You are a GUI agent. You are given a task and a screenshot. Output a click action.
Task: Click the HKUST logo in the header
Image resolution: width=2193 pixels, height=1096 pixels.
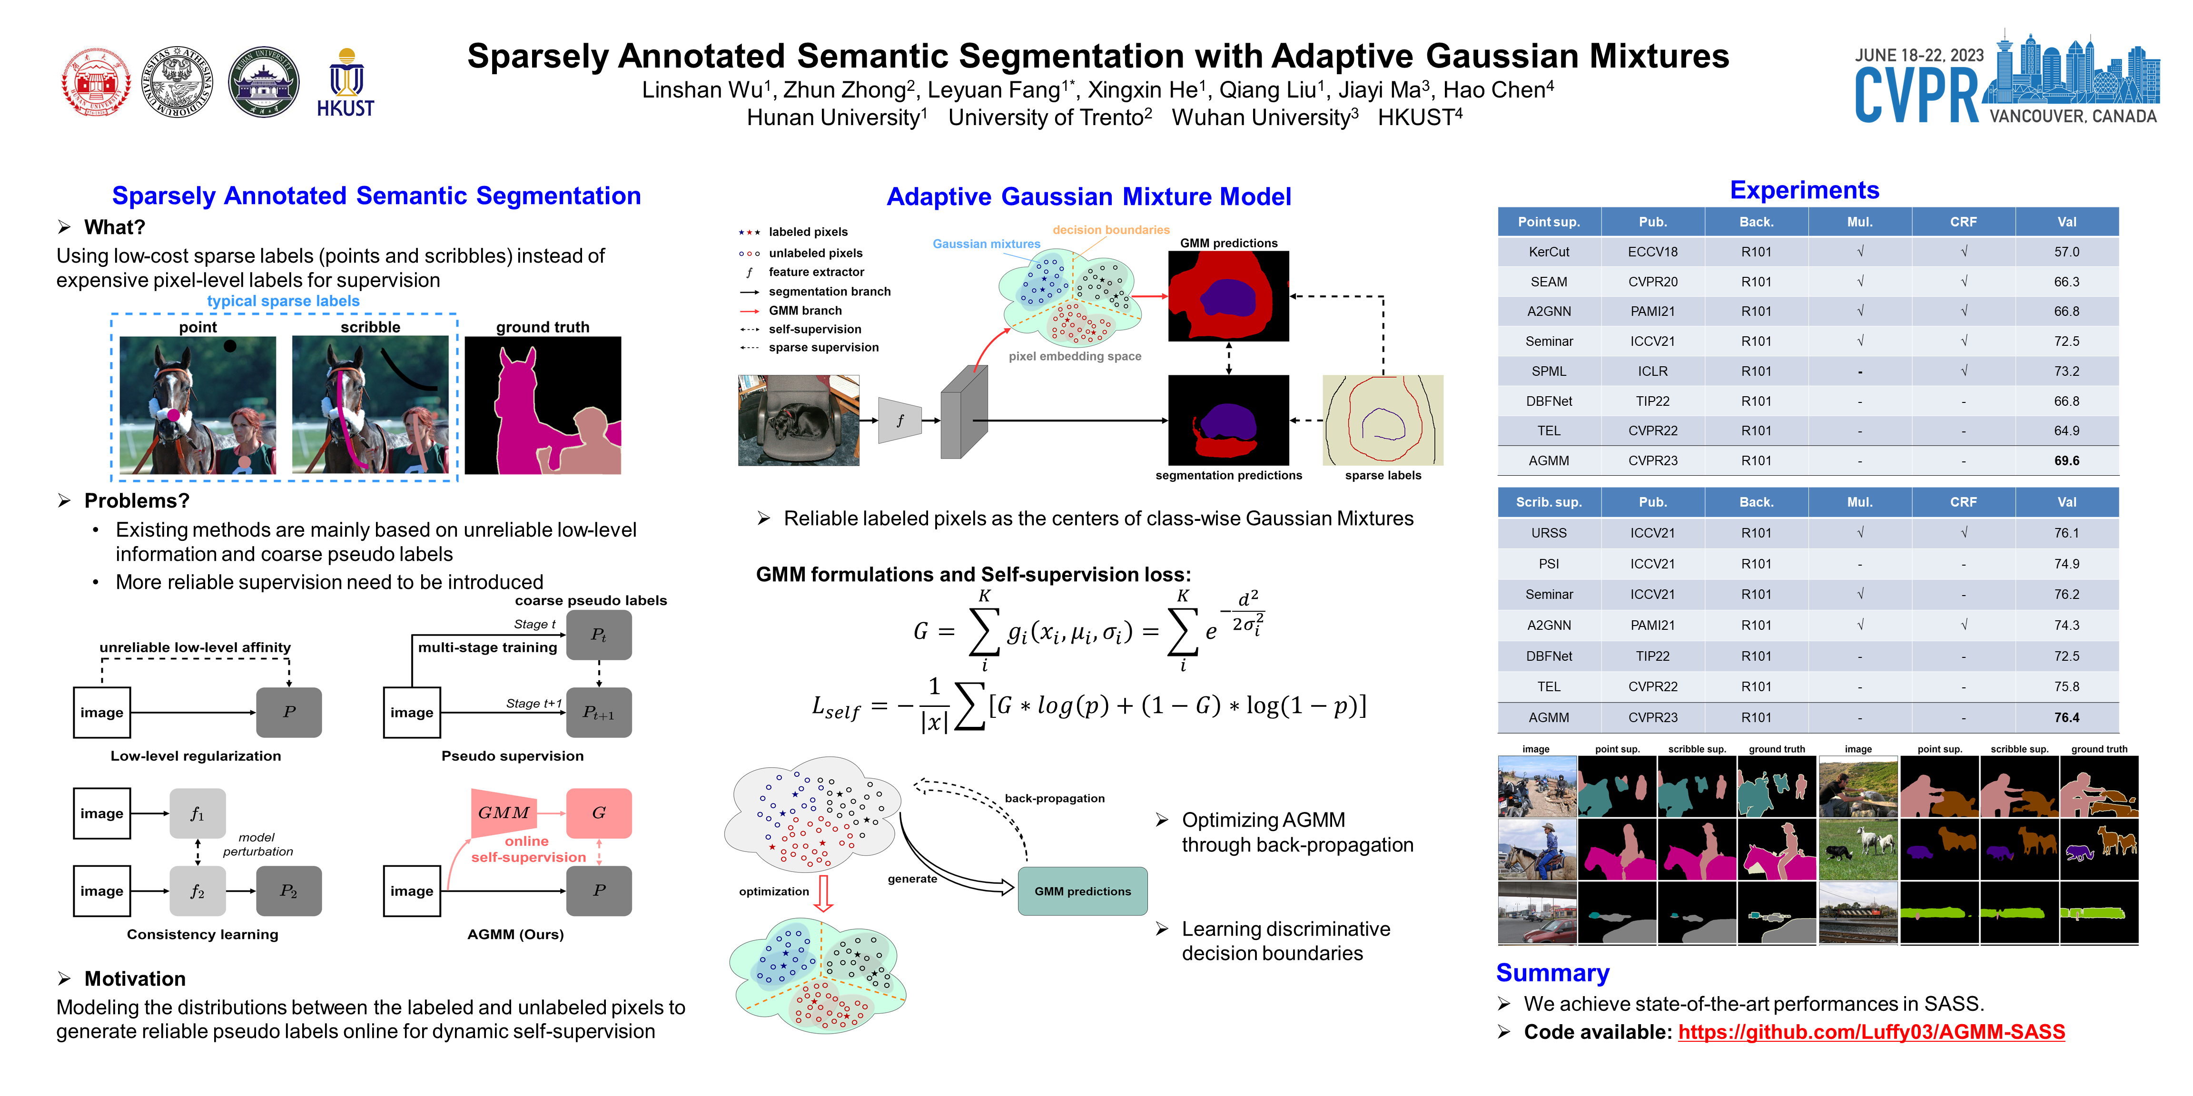pos(346,83)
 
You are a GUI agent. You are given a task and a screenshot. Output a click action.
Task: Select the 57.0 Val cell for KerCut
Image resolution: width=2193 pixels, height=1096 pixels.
pos(2066,252)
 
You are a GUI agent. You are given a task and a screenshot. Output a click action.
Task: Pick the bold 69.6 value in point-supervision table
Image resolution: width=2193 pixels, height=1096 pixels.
pos(2066,460)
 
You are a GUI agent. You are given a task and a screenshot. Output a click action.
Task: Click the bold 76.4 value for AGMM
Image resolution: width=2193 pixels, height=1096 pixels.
pos(2066,717)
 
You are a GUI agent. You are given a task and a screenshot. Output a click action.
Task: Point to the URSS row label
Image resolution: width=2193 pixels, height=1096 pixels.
pos(1549,533)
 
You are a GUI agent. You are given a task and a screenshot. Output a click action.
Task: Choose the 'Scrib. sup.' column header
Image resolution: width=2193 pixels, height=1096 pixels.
pos(1549,502)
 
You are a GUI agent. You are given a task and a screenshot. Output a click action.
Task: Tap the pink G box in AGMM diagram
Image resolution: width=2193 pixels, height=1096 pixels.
pos(599,812)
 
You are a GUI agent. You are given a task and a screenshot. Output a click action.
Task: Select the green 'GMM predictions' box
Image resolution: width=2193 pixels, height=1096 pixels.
pos(1082,891)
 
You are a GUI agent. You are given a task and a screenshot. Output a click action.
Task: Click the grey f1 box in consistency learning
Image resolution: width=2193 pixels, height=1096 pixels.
pos(198,813)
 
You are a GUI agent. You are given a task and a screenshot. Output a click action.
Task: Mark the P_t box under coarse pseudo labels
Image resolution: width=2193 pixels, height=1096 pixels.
pos(599,635)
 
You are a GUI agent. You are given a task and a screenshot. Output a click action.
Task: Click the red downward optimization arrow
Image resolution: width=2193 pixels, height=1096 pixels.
pos(822,893)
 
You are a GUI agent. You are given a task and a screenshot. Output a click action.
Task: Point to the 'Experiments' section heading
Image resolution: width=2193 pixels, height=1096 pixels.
pos(1804,191)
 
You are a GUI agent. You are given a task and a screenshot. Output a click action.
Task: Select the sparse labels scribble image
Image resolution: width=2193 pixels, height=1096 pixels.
pos(1383,421)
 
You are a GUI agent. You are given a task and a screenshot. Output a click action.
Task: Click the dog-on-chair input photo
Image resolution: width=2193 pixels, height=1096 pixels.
pos(799,421)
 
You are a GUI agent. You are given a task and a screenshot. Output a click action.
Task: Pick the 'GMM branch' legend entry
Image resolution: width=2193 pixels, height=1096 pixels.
pos(804,311)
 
